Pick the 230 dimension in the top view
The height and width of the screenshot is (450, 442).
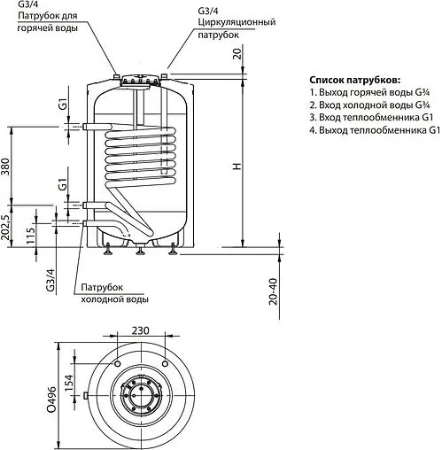139,330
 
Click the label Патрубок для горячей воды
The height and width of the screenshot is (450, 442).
42,22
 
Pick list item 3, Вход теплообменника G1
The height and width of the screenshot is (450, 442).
370,117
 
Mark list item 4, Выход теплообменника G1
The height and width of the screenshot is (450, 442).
374,130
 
